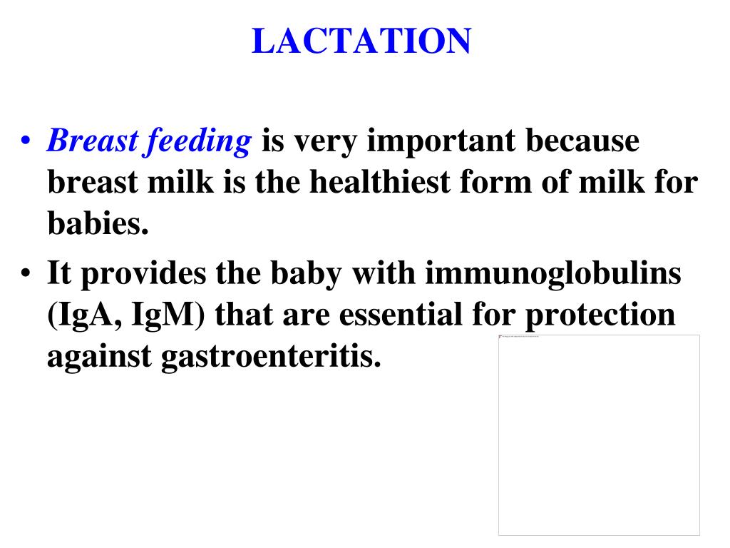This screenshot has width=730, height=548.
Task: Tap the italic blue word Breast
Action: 91,142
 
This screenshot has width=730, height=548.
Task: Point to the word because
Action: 582,142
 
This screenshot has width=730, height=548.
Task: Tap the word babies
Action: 98,224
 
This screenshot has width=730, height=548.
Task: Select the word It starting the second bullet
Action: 59,273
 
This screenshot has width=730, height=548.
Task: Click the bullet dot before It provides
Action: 26,275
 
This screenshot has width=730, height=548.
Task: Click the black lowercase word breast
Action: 91,183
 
